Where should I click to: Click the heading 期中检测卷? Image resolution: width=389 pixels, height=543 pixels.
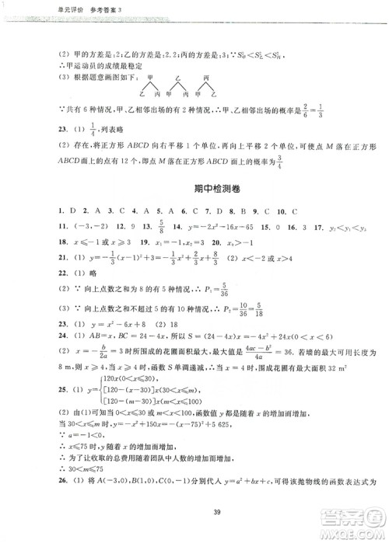click(x=194, y=190)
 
